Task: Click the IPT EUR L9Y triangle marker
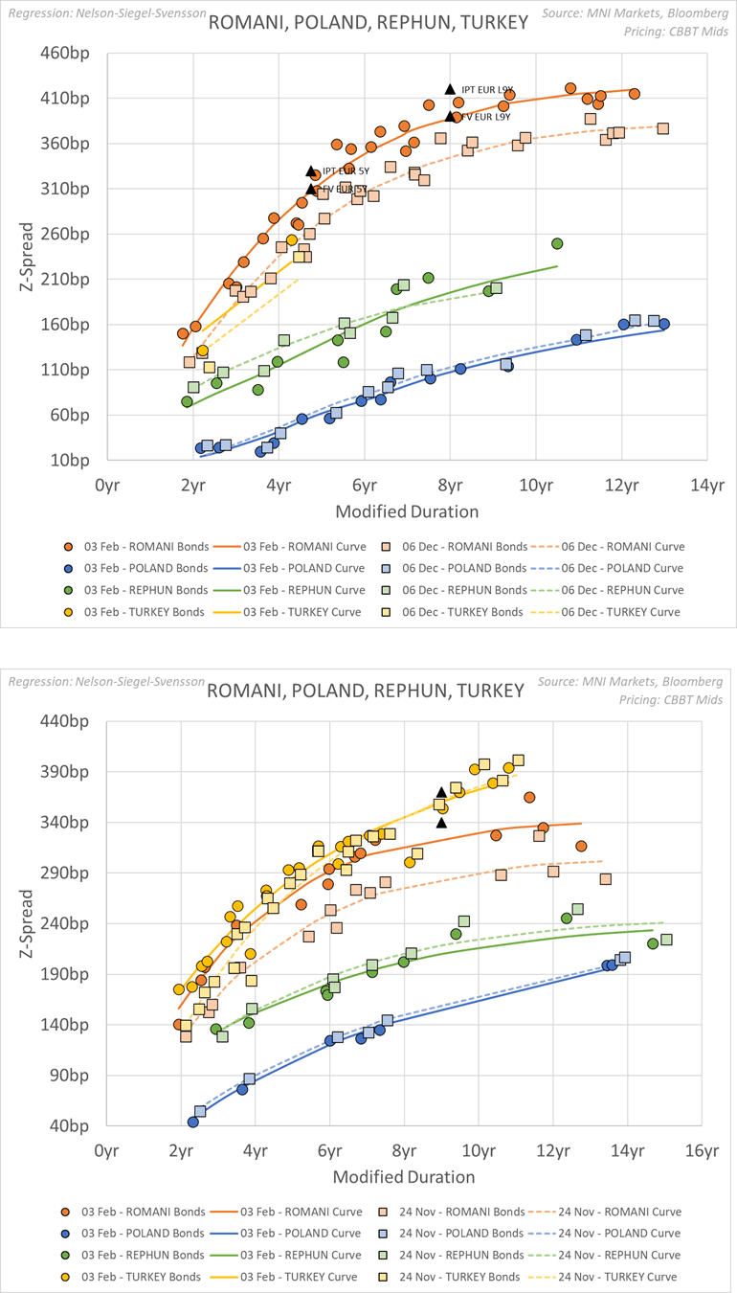(450, 89)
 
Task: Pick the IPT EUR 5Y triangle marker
(311, 171)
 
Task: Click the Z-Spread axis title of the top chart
(28, 256)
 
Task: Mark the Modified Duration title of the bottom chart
(403, 1176)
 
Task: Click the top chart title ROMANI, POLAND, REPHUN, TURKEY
(368, 21)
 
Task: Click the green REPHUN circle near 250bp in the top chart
(557, 243)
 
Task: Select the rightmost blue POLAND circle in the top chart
(664, 324)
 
